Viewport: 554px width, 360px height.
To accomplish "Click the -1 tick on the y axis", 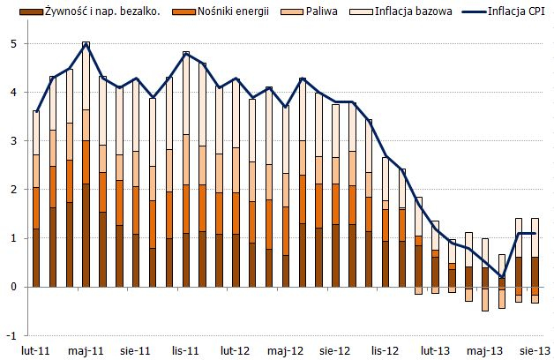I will [x=11, y=335].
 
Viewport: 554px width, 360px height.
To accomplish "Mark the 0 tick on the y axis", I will [x=13, y=287].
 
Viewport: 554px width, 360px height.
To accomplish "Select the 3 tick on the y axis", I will [x=13, y=140].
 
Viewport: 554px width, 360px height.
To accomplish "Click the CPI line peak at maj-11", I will [x=86, y=43].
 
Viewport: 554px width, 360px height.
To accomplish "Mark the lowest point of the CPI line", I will [x=502, y=277].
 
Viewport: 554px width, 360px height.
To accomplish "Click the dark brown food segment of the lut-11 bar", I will [x=36, y=258].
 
